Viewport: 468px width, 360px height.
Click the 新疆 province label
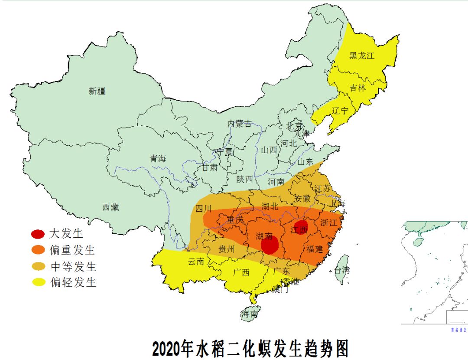click(x=97, y=91)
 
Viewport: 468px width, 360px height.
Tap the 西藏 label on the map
click(x=110, y=207)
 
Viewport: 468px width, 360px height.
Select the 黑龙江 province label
click(x=362, y=56)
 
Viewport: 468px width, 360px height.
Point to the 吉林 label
click(x=358, y=88)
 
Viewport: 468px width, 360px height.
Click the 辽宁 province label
click(x=340, y=111)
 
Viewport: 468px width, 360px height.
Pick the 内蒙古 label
click(x=239, y=124)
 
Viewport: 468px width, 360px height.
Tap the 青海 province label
click(x=158, y=159)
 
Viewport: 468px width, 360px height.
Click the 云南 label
click(x=196, y=262)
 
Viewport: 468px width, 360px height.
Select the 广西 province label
click(x=241, y=272)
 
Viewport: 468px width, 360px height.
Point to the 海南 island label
click(x=250, y=314)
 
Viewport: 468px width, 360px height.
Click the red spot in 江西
click(x=301, y=227)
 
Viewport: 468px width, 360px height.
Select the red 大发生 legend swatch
click(x=38, y=234)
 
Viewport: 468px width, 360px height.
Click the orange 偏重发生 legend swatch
click(x=38, y=250)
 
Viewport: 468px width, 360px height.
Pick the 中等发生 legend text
click(x=73, y=266)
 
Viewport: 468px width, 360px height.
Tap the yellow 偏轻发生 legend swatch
click(x=38, y=282)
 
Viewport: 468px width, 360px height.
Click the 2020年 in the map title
click(x=169, y=348)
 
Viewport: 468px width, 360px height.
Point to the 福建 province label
click(x=315, y=249)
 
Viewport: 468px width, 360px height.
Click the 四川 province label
click(x=203, y=208)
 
